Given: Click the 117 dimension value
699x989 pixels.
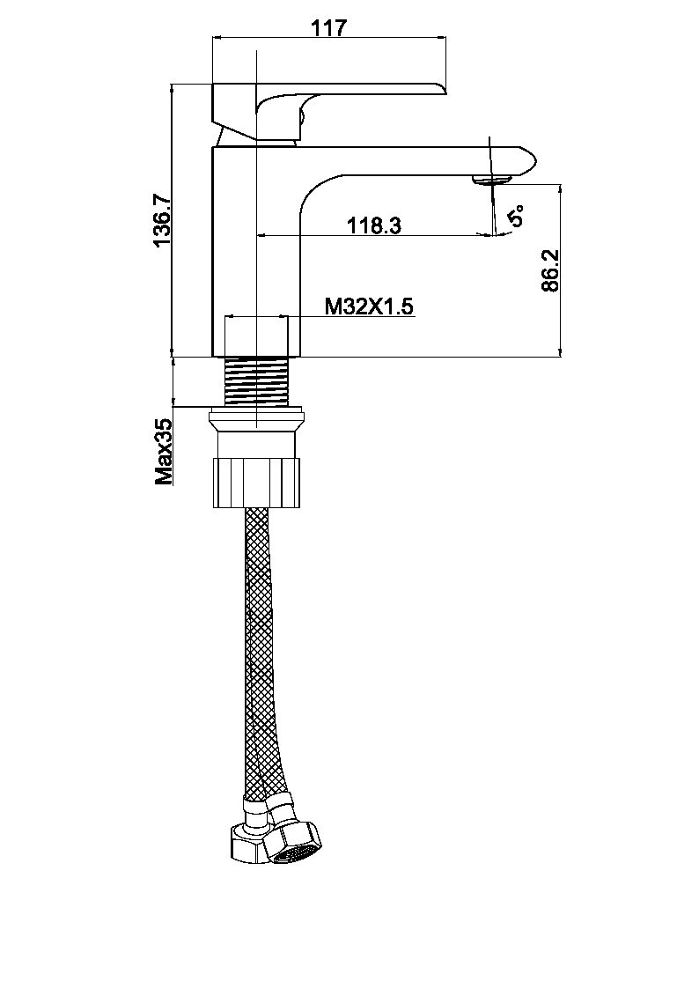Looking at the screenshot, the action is pyautogui.click(x=329, y=28).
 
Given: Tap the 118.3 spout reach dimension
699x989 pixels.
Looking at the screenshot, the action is pyautogui.click(x=374, y=225).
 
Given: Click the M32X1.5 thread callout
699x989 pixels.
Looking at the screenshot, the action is pyautogui.click(x=369, y=306).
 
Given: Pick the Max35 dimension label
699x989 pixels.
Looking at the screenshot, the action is pyautogui.click(x=164, y=452).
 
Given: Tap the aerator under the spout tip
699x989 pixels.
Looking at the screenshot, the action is pyautogui.click(x=490, y=181).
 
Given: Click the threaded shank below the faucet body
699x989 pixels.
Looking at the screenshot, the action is pyautogui.click(x=257, y=380).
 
